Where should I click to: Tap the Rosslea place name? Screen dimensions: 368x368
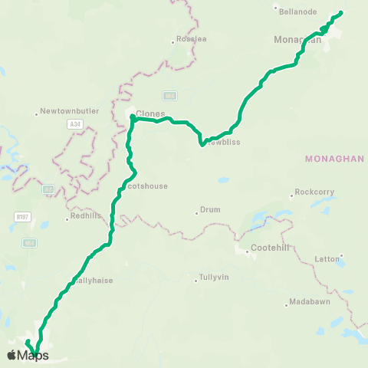pos(192,38)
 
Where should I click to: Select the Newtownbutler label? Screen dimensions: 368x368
pos(70,110)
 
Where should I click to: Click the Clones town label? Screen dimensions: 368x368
pos(150,113)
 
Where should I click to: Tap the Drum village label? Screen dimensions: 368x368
pos(209,209)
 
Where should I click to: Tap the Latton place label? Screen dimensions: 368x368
pos(327,259)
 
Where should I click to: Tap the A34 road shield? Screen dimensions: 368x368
pos(74,123)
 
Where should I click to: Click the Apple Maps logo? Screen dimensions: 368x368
pos(28,355)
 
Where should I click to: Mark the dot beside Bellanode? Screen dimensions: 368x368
pos(276,8)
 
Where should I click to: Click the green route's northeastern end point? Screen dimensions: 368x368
pos(340,12)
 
